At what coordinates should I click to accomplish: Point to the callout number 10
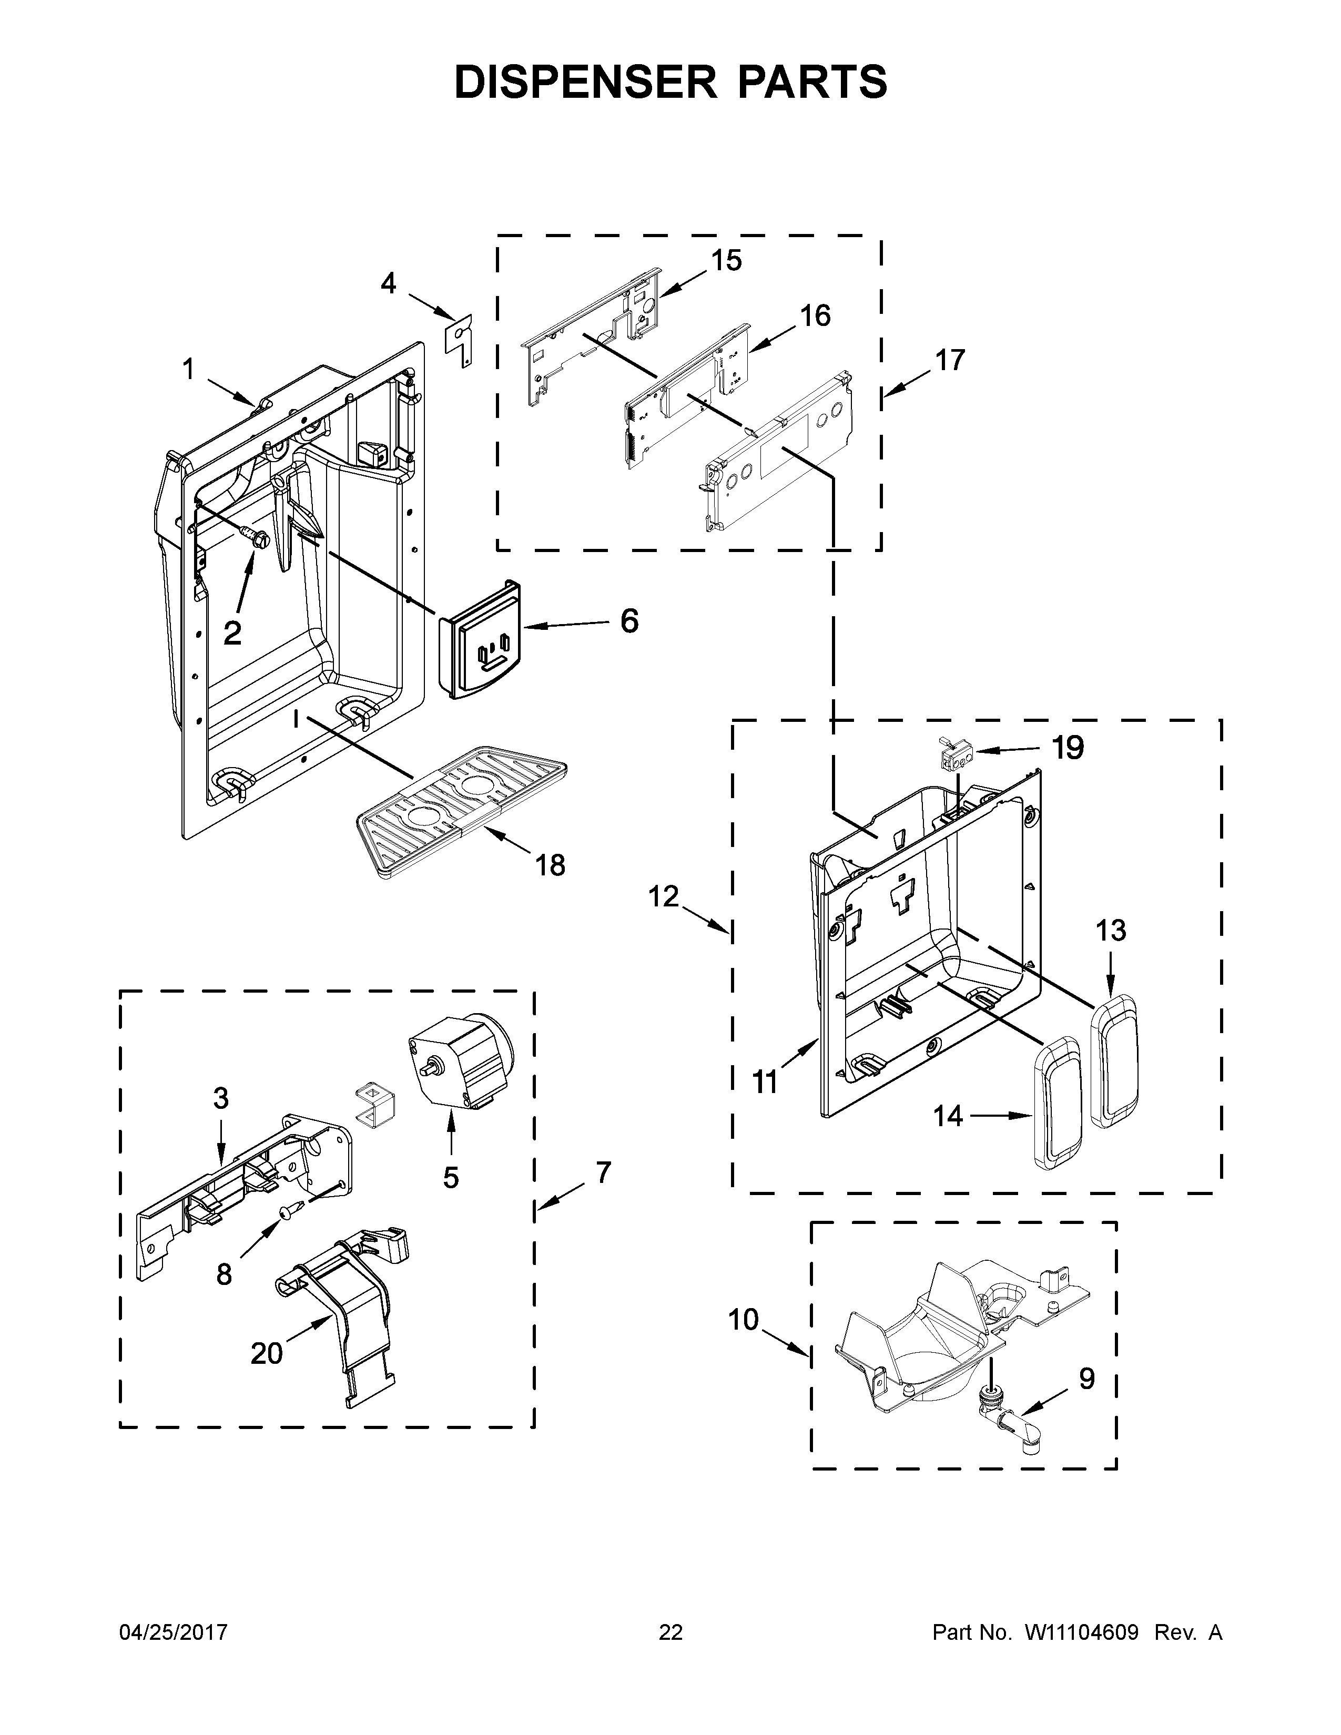744,1320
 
